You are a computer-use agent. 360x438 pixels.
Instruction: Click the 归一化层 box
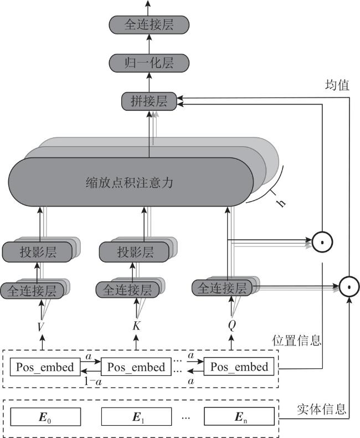pyautogui.click(x=149, y=63)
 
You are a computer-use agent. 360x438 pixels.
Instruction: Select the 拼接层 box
pyautogui.click(x=149, y=101)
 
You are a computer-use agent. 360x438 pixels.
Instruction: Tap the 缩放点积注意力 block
pyautogui.click(x=131, y=182)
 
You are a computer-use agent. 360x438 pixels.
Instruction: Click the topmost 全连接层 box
pyautogui.click(x=149, y=24)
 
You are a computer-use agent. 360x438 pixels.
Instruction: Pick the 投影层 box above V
pyautogui.click(x=37, y=252)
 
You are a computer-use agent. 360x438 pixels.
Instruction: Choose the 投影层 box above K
pyautogui.click(x=134, y=252)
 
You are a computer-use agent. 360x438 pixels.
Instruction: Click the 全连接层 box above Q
pyautogui.click(x=222, y=288)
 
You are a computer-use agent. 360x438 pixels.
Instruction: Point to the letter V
pyautogui.click(x=41, y=327)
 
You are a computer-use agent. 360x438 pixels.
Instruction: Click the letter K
pyautogui.click(x=136, y=326)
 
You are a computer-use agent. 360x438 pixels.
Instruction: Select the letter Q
pyautogui.click(x=232, y=325)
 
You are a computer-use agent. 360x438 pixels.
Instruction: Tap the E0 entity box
pyautogui.click(x=45, y=416)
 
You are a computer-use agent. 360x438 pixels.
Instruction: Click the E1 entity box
pyautogui.click(x=136, y=416)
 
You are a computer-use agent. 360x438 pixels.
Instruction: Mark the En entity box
pyautogui.click(x=239, y=416)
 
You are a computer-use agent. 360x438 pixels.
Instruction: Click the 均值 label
pyautogui.click(x=337, y=85)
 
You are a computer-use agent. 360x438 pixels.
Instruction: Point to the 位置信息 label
pyautogui.click(x=296, y=341)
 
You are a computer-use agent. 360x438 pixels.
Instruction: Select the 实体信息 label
pyautogui.click(x=321, y=409)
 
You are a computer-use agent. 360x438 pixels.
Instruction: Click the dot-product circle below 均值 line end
pyautogui.click(x=349, y=287)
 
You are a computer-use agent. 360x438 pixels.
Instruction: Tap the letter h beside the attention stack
pyautogui.click(x=281, y=203)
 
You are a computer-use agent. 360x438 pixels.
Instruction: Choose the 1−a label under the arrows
pyautogui.click(x=93, y=382)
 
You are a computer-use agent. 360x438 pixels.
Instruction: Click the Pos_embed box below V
pyautogui.click(x=45, y=367)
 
